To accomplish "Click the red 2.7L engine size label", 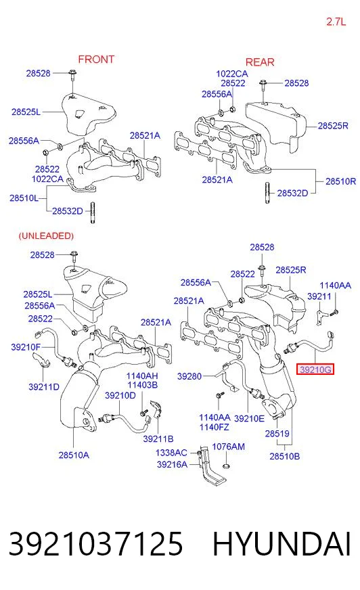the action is coord(336,22).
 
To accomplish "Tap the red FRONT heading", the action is coord(96,60).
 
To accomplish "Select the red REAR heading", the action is coord(260,62).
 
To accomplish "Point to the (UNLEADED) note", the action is coord(46,236).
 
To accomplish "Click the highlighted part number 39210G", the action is coord(315,369).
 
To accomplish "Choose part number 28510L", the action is coord(24,198).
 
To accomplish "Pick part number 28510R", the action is coord(340,181).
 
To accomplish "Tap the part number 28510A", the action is coord(74,455).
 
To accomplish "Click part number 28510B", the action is coord(285,457).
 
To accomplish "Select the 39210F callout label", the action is coord(26,347).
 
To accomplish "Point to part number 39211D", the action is coord(44,387).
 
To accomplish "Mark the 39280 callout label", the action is coord(189,376).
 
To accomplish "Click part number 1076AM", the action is coord(228,447).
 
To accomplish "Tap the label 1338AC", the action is coord(171,453).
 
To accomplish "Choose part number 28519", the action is coord(277,434).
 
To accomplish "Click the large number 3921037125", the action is coord(95,544).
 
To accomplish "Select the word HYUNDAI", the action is coord(282,544).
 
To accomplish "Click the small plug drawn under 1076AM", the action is coord(227,466).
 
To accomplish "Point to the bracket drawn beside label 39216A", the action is coord(211,467).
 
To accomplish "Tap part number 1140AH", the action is coord(142,376).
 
